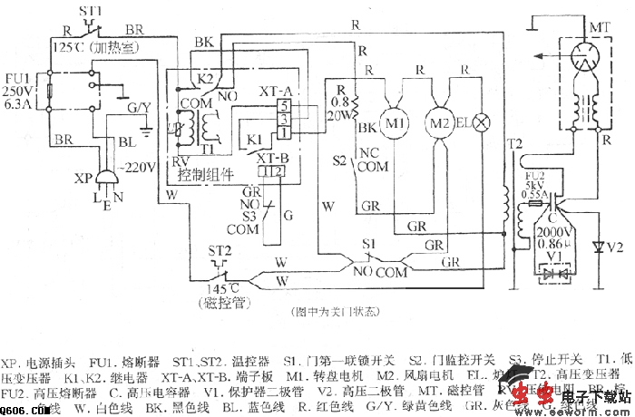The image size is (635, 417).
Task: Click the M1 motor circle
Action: [x=394, y=120]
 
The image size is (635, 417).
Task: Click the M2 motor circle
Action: [x=439, y=121]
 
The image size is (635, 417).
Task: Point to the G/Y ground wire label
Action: [x=139, y=108]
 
